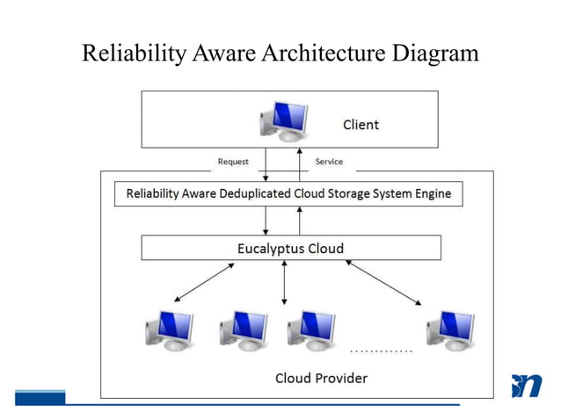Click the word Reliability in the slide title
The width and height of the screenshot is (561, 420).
[133, 54]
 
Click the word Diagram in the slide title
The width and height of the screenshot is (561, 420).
[434, 54]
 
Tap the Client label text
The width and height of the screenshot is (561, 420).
[361, 125]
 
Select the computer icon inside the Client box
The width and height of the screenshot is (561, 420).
[283, 120]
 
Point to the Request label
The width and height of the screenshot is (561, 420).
[233, 162]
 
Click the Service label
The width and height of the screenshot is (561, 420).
[329, 162]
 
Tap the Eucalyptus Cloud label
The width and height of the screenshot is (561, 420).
[290, 249]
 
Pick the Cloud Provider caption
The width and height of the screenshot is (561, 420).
[321, 378]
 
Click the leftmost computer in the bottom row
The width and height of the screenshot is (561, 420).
[168, 330]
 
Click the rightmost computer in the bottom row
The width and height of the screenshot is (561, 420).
[449, 330]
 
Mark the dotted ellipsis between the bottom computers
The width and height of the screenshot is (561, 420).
[381, 351]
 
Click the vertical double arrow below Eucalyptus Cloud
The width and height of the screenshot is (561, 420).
[284, 282]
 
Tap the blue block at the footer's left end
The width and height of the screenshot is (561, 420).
[40, 396]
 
